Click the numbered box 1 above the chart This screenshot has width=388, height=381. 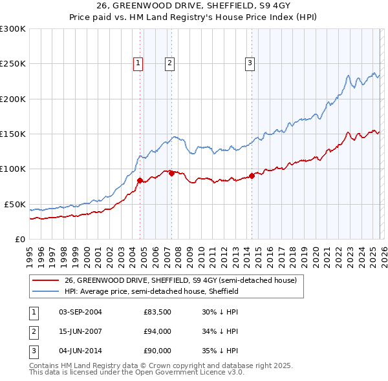tap(138, 63)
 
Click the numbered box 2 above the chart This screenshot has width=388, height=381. tap(169, 63)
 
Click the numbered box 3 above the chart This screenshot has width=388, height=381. tap(250, 63)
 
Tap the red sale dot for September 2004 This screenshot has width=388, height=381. tap(140, 181)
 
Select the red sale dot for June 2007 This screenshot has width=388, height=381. tap(171, 173)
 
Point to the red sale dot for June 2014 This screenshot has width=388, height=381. tap(252, 176)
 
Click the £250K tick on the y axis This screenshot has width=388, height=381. tap(13, 64)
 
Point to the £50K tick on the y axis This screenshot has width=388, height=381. tap(15, 204)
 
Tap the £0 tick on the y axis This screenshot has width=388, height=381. tap(19, 239)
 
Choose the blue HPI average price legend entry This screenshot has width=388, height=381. tap(151, 292)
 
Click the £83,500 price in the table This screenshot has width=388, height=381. tap(157, 312)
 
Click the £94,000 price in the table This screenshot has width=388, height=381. tap(157, 331)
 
